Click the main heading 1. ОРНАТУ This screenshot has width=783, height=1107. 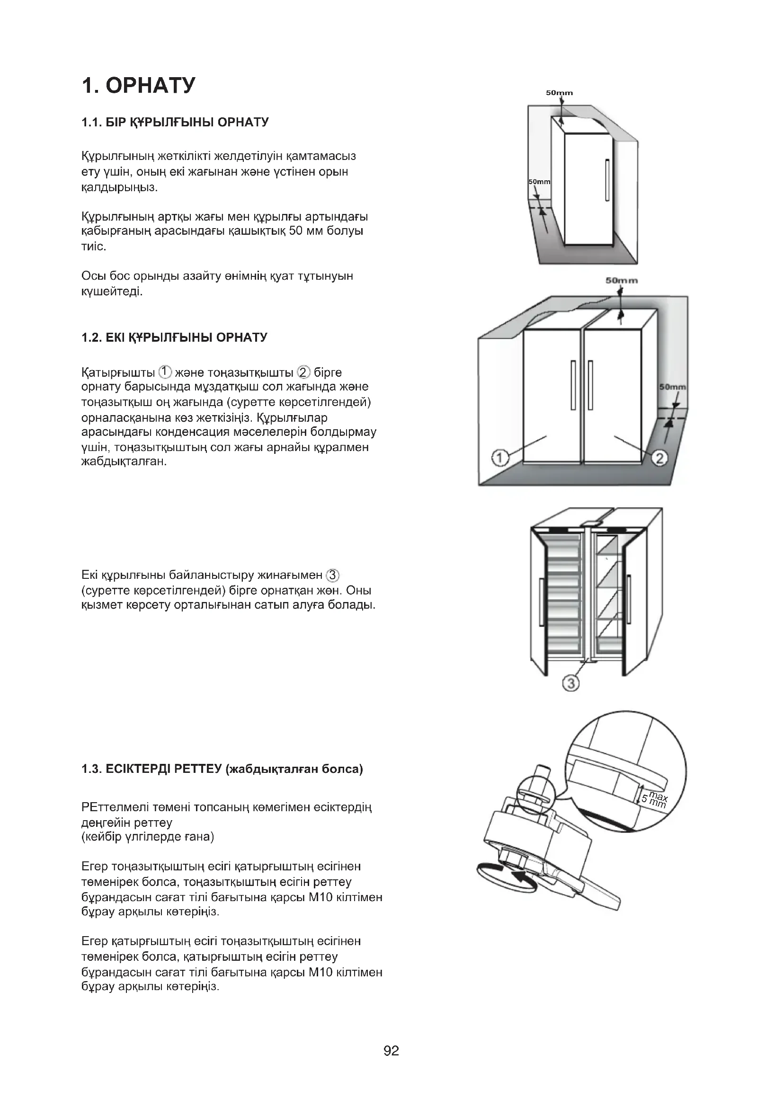[x=139, y=85]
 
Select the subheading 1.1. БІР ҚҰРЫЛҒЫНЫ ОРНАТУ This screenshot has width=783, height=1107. [x=175, y=122]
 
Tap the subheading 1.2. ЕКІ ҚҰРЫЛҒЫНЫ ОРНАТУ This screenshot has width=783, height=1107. [x=174, y=337]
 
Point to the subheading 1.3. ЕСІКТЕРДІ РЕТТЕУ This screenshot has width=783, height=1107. [x=222, y=769]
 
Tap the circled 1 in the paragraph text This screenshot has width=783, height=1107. [x=165, y=372]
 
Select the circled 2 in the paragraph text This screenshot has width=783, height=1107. [x=304, y=372]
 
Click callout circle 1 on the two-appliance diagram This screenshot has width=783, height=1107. [x=500, y=458]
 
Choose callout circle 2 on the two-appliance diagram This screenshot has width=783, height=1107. [x=659, y=458]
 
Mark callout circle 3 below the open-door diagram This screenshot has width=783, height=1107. [x=571, y=683]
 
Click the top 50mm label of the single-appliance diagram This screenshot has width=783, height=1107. [x=559, y=93]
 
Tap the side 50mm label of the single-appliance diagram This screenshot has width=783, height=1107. [x=539, y=182]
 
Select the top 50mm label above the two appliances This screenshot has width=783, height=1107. [x=622, y=280]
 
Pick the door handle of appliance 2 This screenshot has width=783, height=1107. [x=590, y=385]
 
